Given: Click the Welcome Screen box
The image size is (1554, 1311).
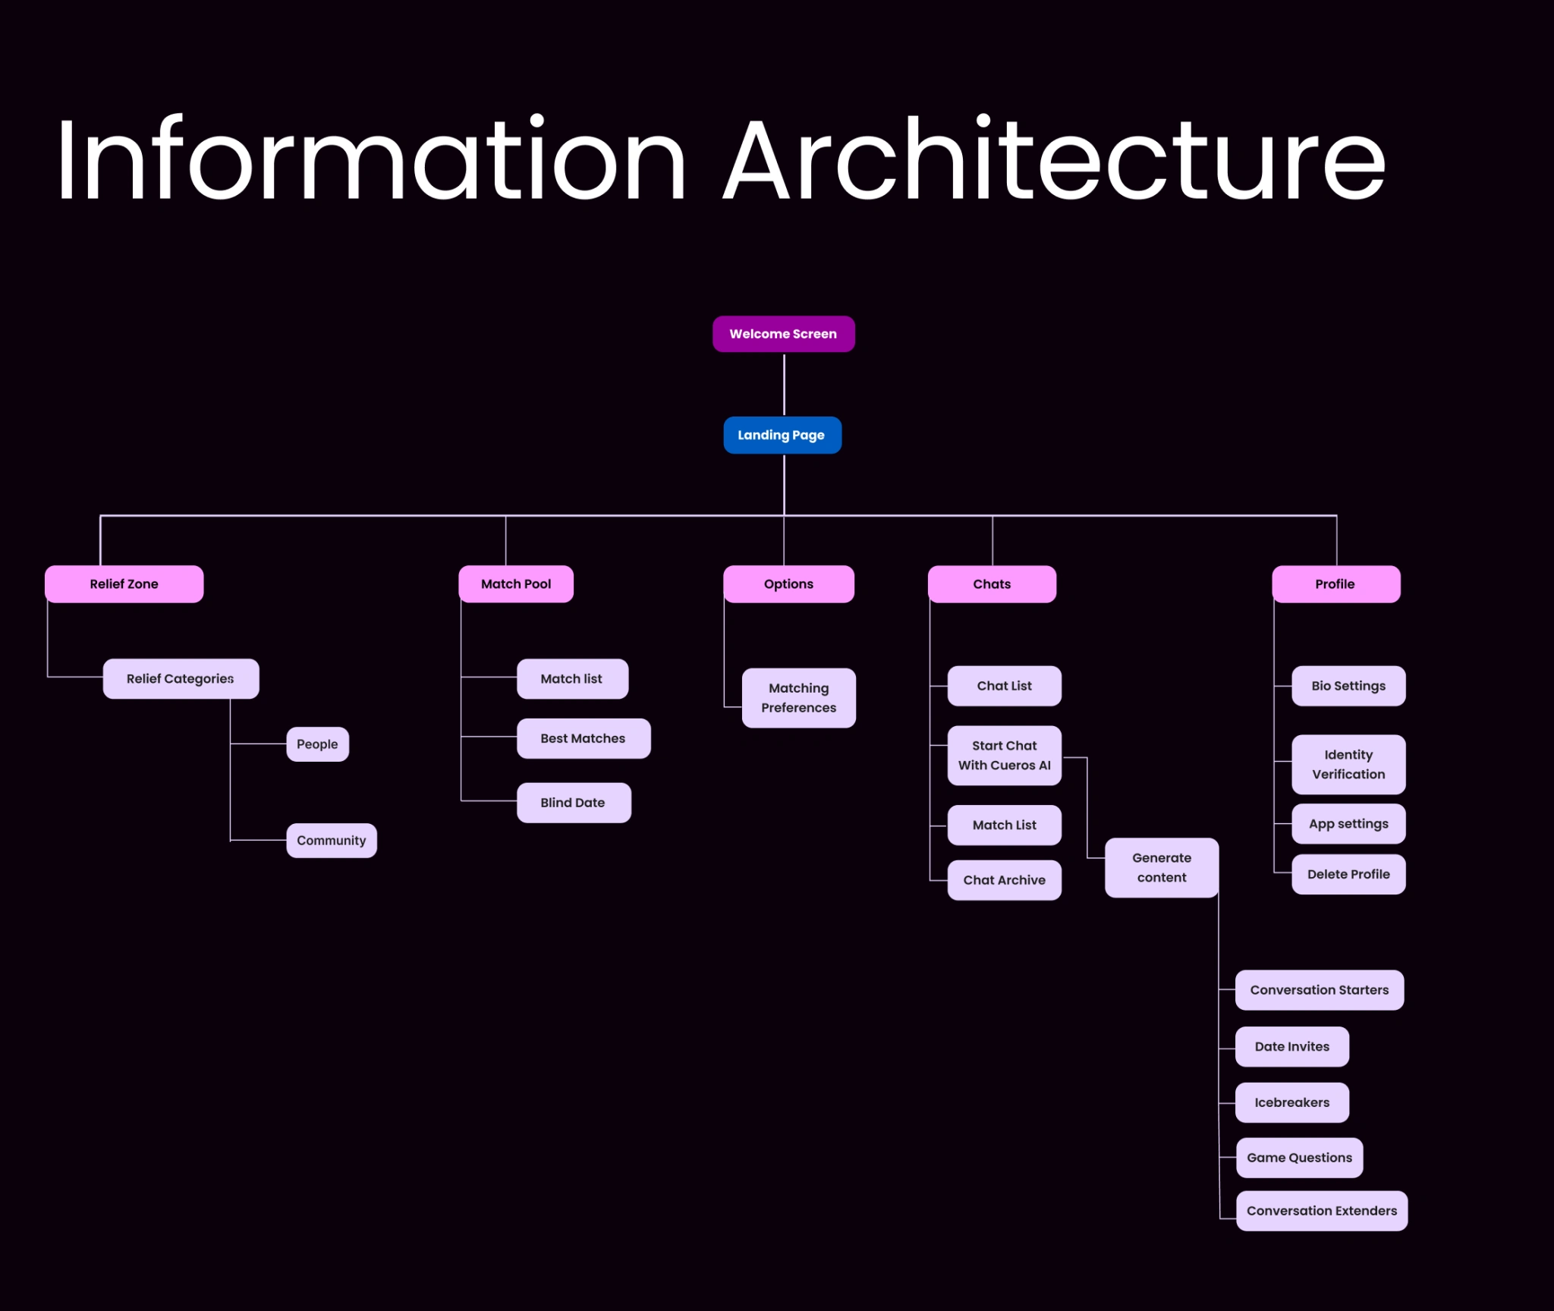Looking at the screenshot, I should pyautogui.click(x=783, y=334).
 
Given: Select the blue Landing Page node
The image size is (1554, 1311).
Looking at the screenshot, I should pyautogui.click(x=782, y=435).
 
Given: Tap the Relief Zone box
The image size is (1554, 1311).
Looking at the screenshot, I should pyautogui.click(x=124, y=584).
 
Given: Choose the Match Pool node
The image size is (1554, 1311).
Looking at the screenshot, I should pyautogui.click(x=516, y=584).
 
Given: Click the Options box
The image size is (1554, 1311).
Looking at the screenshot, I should pyautogui.click(x=788, y=584).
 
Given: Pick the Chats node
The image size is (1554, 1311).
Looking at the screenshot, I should pyautogui.click(x=992, y=584).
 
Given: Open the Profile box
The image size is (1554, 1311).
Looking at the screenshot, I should pyautogui.click(x=1335, y=584).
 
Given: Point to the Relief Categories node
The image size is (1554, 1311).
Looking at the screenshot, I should pyautogui.click(x=181, y=679).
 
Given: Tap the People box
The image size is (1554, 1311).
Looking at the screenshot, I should pyautogui.click(x=317, y=744).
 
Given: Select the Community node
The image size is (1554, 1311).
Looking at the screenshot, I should pyautogui.click(x=332, y=841).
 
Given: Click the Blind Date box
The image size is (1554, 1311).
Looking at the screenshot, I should pyautogui.click(x=574, y=803).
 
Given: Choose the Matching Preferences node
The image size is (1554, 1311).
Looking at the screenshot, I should pyautogui.click(x=799, y=698).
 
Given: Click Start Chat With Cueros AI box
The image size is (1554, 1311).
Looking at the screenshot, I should pyautogui.click(x=1004, y=756).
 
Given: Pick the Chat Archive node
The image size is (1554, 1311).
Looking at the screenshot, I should pyautogui.click(x=1004, y=880).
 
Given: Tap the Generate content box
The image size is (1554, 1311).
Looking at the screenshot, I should pyautogui.click(x=1162, y=868).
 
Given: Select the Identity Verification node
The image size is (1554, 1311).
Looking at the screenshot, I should pyautogui.click(x=1348, y=765).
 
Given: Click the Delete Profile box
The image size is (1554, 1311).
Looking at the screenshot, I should pyautogui.click(x=1348, y=874).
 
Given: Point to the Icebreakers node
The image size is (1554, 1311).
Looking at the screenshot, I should pyautogui.click(x=1291, y=1102).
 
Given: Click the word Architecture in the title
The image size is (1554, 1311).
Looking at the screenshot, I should pyautogui.click(x=1055, y=159).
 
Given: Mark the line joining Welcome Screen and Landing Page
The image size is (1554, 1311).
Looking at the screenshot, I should pyautogui.click(x=784, y=384).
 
